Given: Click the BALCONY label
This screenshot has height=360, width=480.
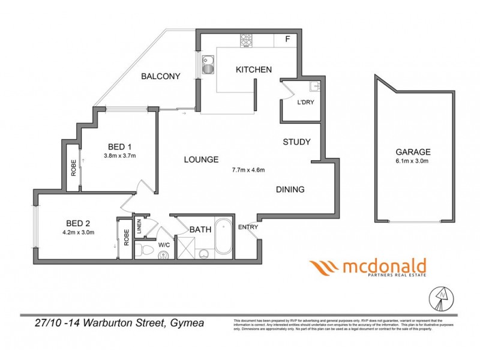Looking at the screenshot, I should tap(160, 76).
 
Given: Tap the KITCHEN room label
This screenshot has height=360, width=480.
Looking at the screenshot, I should tap(254, 70).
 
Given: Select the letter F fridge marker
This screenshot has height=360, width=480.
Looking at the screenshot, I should tap(287, 40).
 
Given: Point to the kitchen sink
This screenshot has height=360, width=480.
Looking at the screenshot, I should tap(208, 63).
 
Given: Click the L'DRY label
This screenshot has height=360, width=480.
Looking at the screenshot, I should tap(306, 102).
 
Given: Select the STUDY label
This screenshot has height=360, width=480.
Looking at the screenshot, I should tap(296, 142).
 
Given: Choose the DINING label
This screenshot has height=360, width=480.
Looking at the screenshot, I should tap(290, 190).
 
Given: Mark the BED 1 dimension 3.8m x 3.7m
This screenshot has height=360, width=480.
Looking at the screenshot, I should tap(120, 157).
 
